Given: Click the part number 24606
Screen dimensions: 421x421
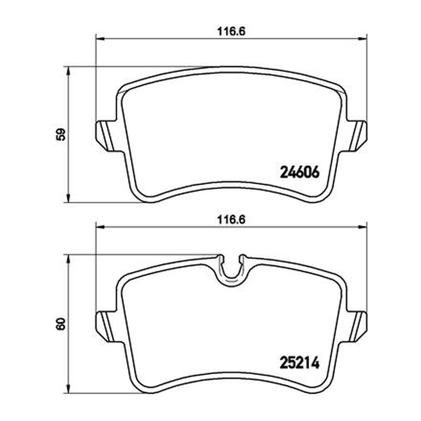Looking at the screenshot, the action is pos(299,172).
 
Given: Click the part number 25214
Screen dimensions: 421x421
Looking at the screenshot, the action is pos(299,363).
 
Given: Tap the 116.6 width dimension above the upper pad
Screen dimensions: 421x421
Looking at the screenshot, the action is pos(231,32).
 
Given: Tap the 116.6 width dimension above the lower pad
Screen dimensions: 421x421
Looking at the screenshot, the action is pos(231,220).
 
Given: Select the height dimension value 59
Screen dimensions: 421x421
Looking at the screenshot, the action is pos(61,135).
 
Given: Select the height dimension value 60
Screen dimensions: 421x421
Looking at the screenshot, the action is pos(61,324).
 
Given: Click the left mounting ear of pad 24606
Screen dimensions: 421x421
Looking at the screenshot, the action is pos(107,136).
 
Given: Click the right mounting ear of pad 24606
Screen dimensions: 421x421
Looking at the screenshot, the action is pos(356,136).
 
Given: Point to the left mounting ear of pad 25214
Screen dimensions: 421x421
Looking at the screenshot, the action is pos(107,326).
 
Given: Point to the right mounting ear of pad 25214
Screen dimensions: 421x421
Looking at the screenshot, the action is pos(356,326).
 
